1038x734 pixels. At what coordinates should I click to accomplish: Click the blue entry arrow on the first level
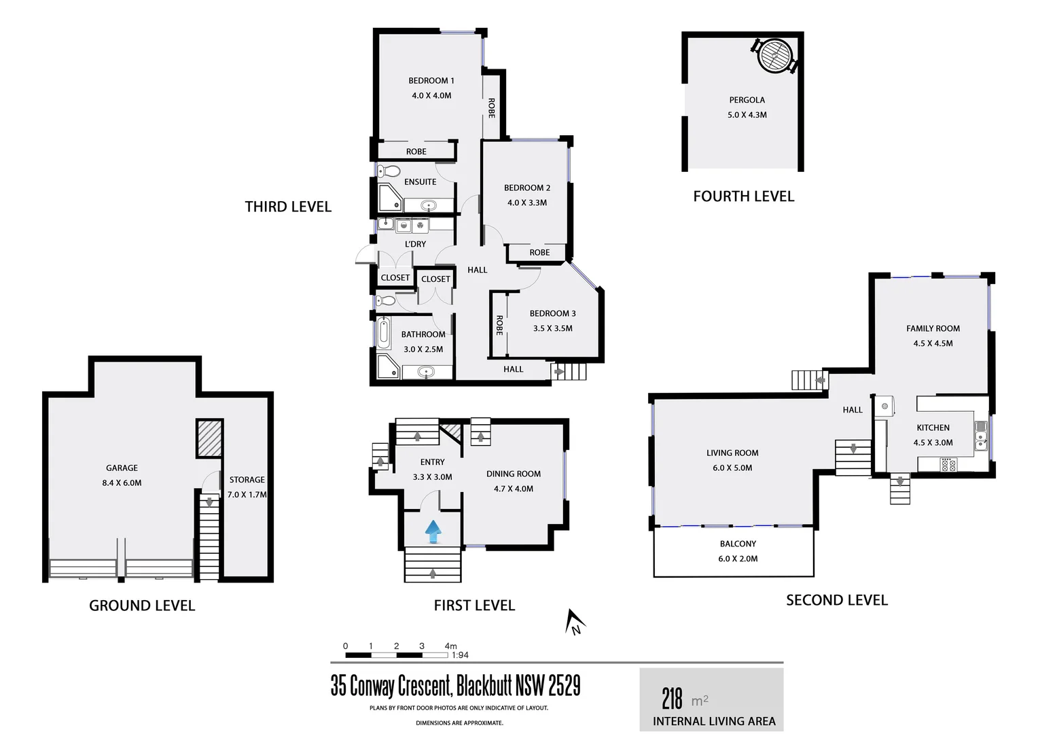pos(433,531)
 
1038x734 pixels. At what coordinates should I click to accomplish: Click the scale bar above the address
pos(396,655)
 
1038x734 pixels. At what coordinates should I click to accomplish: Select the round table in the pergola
pos(774,54)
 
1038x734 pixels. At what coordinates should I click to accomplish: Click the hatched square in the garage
pos(209,438)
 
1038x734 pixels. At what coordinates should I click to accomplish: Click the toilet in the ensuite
pos(389,171)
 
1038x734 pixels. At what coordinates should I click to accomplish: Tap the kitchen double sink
pos(980,436)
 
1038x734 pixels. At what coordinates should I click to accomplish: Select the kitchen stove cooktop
pos(948,465)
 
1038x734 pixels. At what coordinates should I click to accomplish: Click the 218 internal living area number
pos(672,698)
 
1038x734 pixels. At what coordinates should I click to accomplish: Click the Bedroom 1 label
pos(431,80)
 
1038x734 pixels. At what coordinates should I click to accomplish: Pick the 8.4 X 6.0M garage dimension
pos(122,483)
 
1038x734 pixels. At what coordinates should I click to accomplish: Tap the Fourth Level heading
pos(743,196)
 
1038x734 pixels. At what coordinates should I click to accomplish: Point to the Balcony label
pos(738,544)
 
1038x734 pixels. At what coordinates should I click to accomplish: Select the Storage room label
pos(247,480)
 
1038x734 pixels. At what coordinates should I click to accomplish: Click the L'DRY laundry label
pos(415,244)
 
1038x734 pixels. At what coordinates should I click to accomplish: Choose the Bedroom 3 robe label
pos(499,325)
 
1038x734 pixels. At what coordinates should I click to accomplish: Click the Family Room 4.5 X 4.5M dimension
pos(933,343)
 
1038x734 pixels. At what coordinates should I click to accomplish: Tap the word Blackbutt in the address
pos(484,686)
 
